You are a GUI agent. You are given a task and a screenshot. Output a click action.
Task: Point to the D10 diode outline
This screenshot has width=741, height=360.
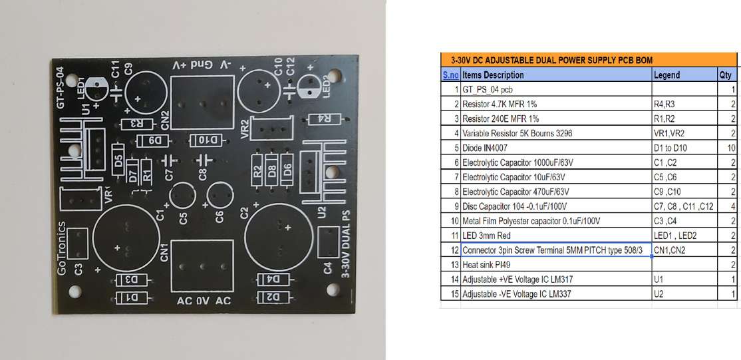coord(206,140)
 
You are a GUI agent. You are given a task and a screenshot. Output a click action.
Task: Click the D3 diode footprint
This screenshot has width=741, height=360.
coord(131,280)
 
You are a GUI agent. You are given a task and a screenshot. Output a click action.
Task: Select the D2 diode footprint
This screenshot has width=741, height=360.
coord(273,296)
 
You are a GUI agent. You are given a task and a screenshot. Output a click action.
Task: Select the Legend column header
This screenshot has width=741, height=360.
coord(667,75)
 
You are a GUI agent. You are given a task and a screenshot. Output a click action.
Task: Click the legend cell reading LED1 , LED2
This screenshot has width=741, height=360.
coord(676,236)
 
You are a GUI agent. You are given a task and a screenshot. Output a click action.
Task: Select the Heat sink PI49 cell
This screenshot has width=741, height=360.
coord(486,265)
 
